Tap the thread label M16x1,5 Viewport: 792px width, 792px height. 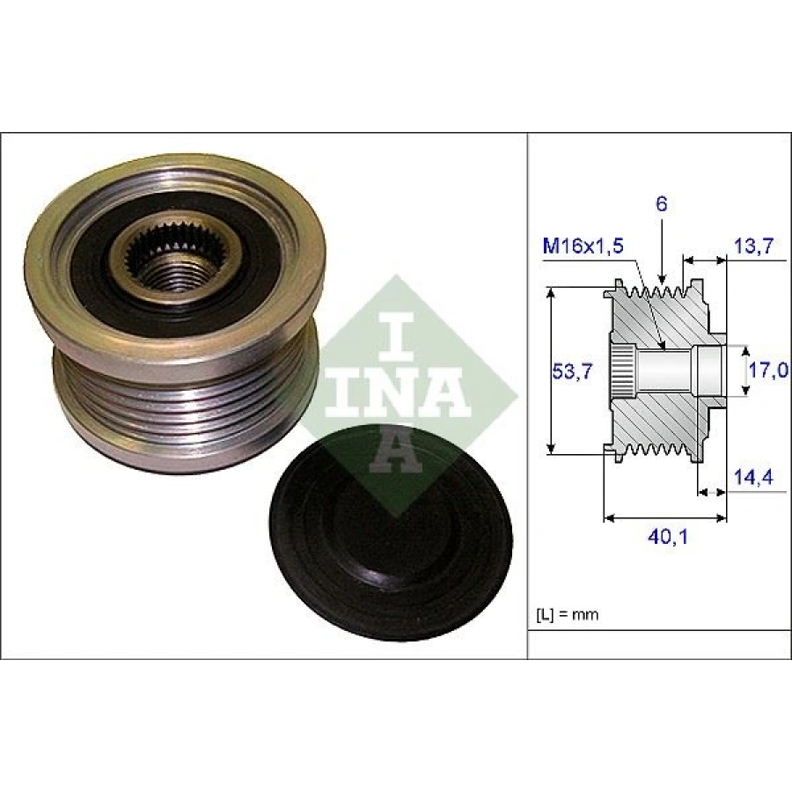click(x=582, y=246)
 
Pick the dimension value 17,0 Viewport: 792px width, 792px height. click(x=766, y=370)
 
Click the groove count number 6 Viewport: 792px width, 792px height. click(x=662, y=204)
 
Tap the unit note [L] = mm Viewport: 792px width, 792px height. click(x=567, y=614)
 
